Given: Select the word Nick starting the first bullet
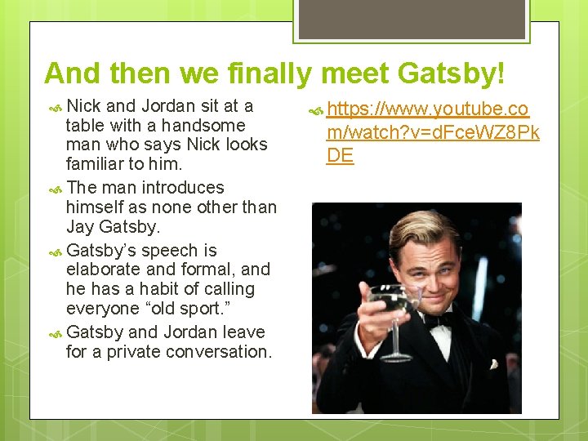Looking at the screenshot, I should point(84,105).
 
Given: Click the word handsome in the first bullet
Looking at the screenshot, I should point(203,125).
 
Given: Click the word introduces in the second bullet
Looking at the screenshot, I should point(184,187).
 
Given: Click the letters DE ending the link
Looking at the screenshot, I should point(340,155).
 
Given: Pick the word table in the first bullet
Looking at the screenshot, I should point(84,125).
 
